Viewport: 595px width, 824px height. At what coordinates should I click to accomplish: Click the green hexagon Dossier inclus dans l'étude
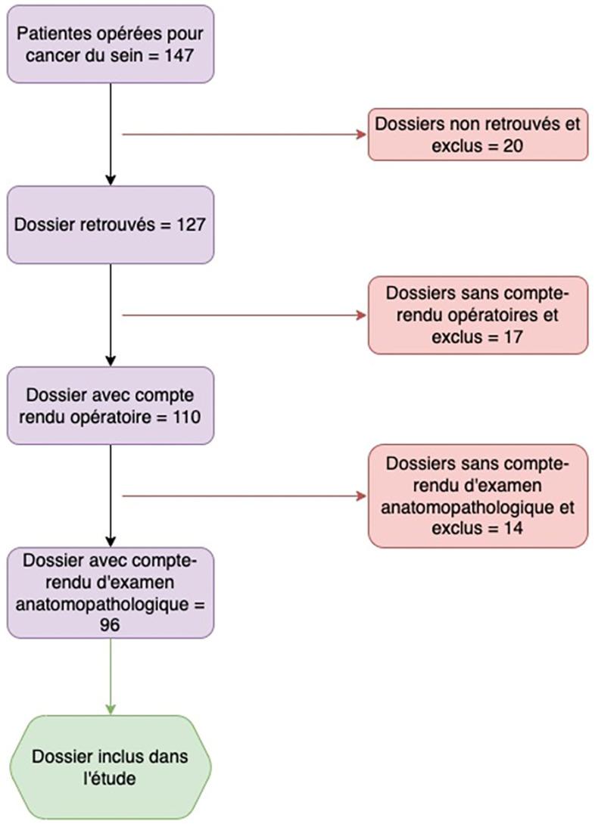[x=111, y=766]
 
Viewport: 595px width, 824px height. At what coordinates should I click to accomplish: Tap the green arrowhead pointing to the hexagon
[x=111, y=709]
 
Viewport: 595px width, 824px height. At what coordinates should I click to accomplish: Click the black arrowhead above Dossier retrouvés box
[x=111, y=180]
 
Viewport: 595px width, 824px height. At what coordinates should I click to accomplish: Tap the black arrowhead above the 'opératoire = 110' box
[x=111, y=361]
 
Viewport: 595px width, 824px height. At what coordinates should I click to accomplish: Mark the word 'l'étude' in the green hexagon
[x=111, y=777]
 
